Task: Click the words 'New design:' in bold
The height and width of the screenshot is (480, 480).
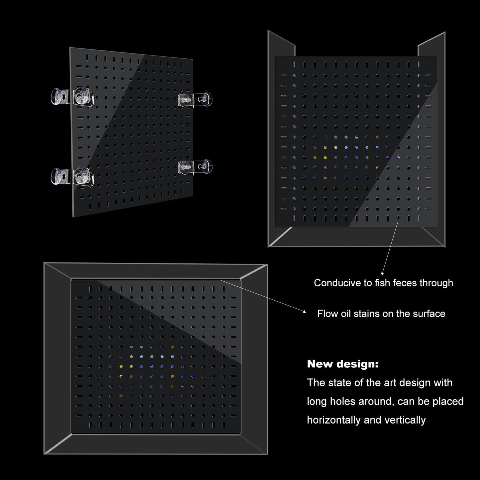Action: point(343,364)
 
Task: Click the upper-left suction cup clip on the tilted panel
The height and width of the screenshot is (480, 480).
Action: point(72,97)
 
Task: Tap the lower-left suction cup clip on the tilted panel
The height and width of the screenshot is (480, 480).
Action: point(72,176)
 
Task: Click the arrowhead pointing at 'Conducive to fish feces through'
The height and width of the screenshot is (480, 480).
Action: point(382,274)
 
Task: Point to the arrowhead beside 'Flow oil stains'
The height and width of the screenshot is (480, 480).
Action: point(304,311)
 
